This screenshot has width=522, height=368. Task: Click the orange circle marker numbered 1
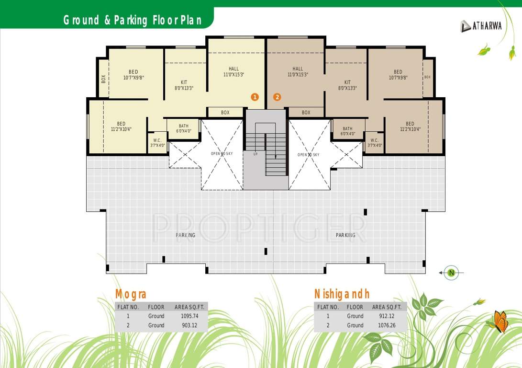pos(255,97)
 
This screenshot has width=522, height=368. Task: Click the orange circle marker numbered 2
pos(277,97)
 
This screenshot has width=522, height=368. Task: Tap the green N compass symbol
pos(451,273)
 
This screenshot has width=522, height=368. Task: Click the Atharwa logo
pos(481,26)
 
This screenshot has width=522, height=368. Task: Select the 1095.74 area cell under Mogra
pos(189,316)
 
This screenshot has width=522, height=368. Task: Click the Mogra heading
pos(131,294)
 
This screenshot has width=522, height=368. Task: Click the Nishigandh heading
pos(342,294)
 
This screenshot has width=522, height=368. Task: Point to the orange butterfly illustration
pos(499,322)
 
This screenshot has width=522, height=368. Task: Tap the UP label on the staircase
pos(255,154)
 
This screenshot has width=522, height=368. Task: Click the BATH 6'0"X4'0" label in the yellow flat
pos(184,128)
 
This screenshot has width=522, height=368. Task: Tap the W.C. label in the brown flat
pos(375,143)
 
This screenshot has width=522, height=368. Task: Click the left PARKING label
pos(185,235)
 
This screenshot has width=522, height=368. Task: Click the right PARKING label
pos(345,235)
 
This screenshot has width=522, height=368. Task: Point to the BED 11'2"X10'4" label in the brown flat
pos(410,126)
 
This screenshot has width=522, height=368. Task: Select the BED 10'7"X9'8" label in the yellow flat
pos(133,75)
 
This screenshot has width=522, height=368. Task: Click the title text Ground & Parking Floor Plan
pos(132,21)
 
